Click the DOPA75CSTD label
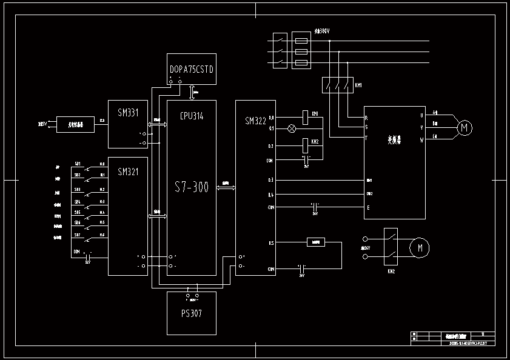click(x=192, y=69)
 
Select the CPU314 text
click(x=192, y=115)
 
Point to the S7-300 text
click(x=192, y=188)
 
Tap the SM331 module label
click(x=128, y=112)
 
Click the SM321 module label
click(x=128, y=172)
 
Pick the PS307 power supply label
click(x=192, y=313)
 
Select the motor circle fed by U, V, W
click(x=465, y=127)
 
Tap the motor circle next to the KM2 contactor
click(x=419, y=247)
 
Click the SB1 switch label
click(x=78, y=164)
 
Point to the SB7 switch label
click(x=78, y=235)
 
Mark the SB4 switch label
click(x=78, y=199)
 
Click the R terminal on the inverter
click(x=366, y=117)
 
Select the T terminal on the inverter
click(x=366, y=138)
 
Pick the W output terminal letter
click(x=421, y=141)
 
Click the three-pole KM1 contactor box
click(x=337, y=85)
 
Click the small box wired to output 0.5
click(x=315, y=242)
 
